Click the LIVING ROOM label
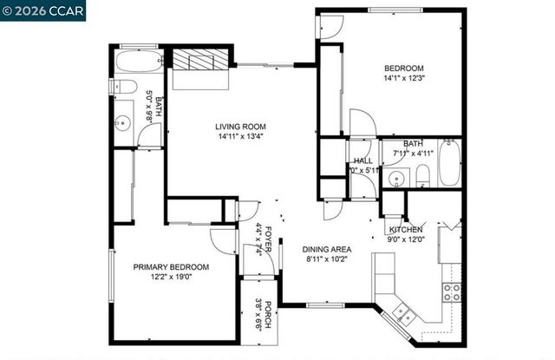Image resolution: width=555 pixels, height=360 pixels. (238, 127)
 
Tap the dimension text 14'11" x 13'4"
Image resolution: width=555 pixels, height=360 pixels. (238, 136)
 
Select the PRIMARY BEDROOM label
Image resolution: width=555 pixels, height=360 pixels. (171, 267)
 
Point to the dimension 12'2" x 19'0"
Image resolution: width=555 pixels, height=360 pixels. (171, 278)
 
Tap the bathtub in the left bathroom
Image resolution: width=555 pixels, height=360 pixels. (138, 61)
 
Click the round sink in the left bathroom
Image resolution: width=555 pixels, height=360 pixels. (121, 123)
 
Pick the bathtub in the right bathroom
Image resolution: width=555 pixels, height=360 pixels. (448, 164)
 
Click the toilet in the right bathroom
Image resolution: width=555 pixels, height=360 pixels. (423, 176)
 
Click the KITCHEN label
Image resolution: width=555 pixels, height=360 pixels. (405, 229)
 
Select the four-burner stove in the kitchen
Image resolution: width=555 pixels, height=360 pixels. (452, 291)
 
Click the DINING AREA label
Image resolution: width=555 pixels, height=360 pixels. (328, 249)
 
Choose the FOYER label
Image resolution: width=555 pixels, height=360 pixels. (268, 233)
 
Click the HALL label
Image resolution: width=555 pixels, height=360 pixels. (362, 161)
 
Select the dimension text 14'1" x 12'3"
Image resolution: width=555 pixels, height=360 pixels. (404, 79)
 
